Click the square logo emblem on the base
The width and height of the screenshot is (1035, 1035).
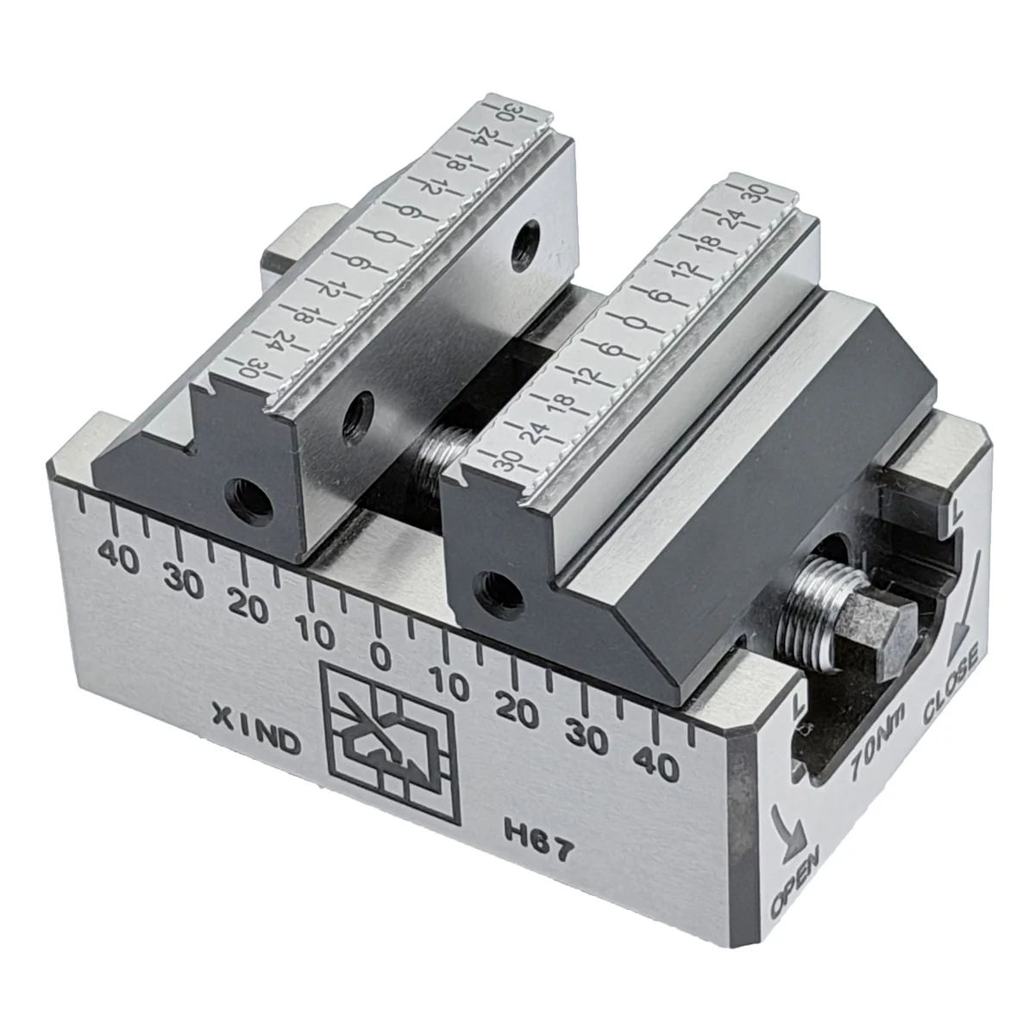coord(390,743)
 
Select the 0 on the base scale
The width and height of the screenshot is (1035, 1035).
coord(381,658)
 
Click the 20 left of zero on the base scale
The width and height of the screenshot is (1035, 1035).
coord(250,608)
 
